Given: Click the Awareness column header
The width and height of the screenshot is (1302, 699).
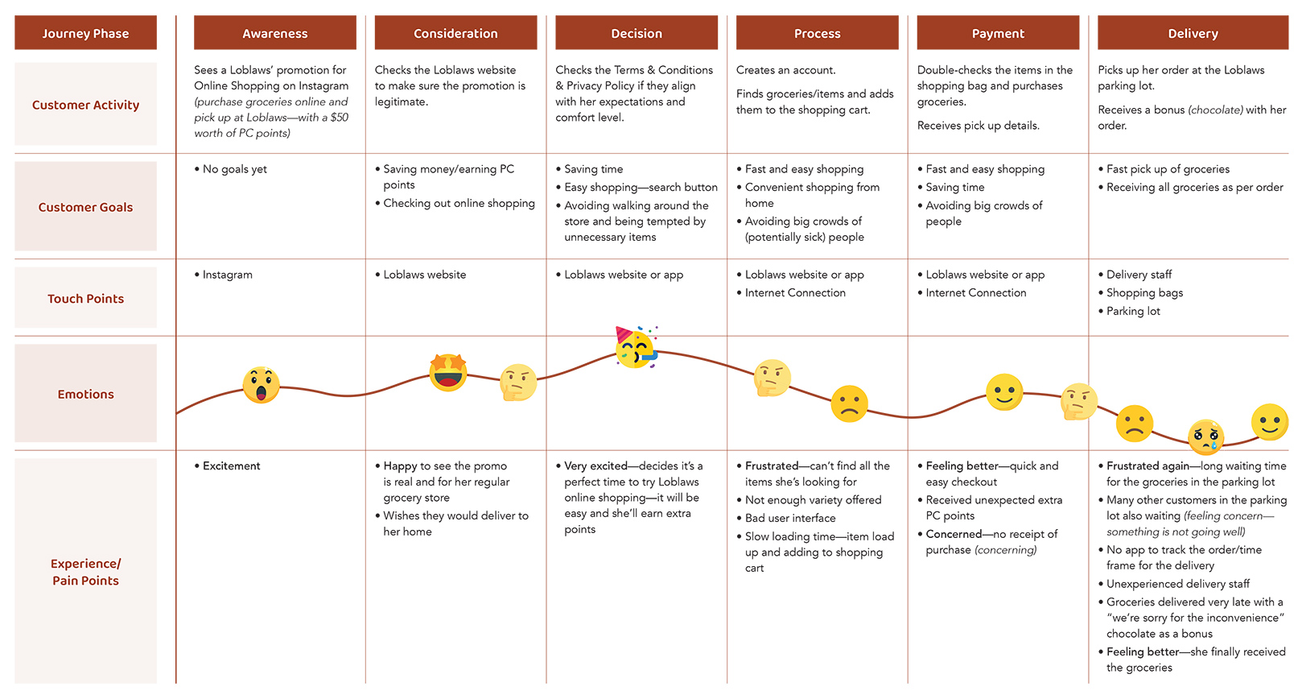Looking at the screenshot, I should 274,33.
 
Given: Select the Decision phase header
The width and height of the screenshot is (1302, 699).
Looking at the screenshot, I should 636,33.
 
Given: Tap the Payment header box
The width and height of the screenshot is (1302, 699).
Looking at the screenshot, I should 997,33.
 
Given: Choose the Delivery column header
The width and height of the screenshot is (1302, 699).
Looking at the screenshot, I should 1193,33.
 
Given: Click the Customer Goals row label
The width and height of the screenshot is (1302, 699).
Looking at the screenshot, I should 85,207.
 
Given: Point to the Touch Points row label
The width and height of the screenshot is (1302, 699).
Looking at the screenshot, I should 85,299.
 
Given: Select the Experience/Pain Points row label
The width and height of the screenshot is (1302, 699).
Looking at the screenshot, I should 85,572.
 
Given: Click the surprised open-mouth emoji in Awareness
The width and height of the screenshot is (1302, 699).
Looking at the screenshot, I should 262,385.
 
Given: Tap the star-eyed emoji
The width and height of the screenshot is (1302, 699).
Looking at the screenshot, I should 448,372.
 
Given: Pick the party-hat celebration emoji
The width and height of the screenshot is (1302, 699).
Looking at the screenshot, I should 636,348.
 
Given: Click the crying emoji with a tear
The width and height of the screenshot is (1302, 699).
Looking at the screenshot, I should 1205,437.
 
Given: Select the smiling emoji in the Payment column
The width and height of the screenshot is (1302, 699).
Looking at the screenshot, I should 1004,392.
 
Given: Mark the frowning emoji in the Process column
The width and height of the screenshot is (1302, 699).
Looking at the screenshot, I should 849,403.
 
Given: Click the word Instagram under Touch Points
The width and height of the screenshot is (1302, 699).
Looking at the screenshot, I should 227,275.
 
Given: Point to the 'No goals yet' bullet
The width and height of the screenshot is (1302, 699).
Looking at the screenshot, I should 234,169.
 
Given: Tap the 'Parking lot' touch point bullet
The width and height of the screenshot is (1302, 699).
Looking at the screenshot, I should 1133,311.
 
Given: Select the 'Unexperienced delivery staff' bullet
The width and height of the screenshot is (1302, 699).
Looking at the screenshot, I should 1177,584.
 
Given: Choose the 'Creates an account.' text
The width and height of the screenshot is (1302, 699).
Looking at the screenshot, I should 785,70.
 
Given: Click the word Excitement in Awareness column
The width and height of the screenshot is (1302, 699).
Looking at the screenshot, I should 231,465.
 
